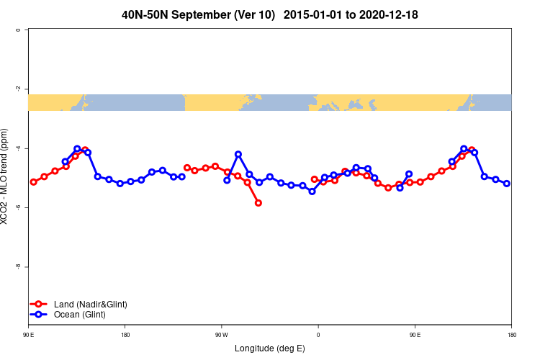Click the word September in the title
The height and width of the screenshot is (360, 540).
(x=209, y=14)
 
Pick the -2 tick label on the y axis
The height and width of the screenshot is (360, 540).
(x=18, y=89)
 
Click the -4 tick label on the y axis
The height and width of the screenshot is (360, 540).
(x=18, y=148)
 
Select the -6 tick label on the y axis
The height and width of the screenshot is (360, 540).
(x=18, y=207)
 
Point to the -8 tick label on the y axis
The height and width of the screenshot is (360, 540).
(x=18, y=266)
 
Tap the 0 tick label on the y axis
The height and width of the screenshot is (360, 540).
(x=18, y=30)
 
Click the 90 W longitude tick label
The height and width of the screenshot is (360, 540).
(x=221, y=335)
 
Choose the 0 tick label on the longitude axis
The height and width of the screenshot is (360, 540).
(x=318, y=335)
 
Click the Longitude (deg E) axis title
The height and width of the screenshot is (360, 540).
(x=270, y=348)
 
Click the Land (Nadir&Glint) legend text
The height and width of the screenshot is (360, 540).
(x=90, y=305)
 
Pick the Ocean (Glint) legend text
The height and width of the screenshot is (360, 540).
(x=80, y=315)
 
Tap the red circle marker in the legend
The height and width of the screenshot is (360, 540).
(x=40, y=305)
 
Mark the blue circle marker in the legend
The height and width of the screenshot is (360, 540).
(x=40, y=315)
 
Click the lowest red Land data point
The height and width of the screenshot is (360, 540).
(x=258, y=203)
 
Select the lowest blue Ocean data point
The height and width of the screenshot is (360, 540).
(x=312, y=192)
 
